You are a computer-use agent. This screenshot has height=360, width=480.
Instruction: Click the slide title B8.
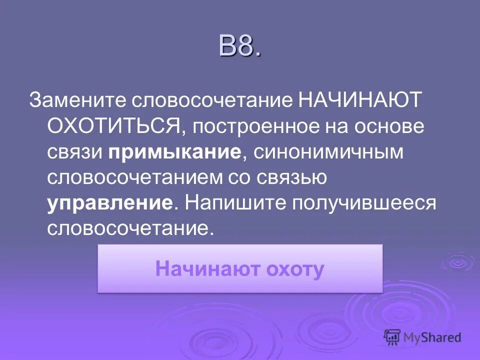239,46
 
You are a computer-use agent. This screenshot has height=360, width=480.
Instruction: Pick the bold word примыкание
174,151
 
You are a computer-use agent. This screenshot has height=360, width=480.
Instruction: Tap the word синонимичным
328,151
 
